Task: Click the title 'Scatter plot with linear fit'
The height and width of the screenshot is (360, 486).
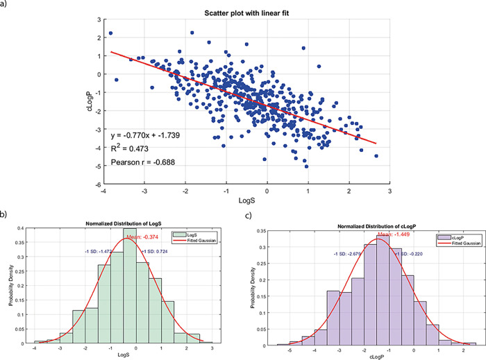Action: tap(246, 15)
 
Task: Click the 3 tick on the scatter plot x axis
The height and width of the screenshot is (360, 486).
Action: tap(389, 191)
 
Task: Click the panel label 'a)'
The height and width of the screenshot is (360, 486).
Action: tap(5, 5)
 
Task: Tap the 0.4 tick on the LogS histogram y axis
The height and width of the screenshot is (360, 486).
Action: tap(28, 228)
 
